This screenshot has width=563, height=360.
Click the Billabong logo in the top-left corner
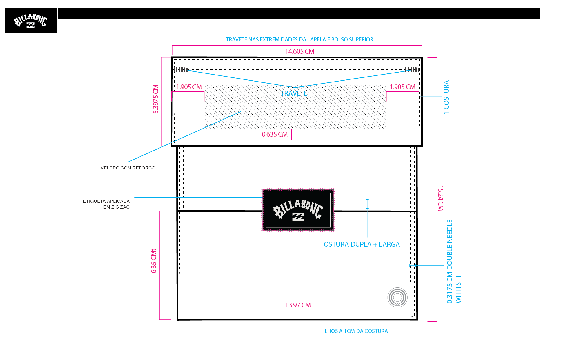[x=31, y=21]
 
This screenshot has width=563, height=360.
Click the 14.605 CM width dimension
[x=300, y=51]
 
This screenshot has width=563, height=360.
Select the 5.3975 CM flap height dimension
[x=156, y=99]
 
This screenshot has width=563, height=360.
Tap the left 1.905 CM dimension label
[x=189, y=87]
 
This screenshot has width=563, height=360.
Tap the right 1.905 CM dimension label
[x=402, y=87]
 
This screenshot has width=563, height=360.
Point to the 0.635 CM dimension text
[x=275, y=134]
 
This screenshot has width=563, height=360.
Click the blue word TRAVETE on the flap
[x=294, y=93]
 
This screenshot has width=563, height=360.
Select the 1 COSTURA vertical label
[x=446, y=97]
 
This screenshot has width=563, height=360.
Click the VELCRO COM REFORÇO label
[x=128, y=168]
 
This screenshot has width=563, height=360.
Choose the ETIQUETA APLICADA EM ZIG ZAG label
[x=106, y=204]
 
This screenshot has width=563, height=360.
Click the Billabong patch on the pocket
[x=298, y=210]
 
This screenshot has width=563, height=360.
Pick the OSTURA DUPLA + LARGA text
[x=362, y=244]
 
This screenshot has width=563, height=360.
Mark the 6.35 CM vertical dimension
[x=154, y=261]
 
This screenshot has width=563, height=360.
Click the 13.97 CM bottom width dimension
[x=298, y=305]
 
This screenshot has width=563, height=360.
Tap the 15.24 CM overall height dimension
[x=441, y=198]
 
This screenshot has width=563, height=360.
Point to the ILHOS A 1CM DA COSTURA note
[x=355, y=331]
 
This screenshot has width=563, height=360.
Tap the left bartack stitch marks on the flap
[x=181, y=69]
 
